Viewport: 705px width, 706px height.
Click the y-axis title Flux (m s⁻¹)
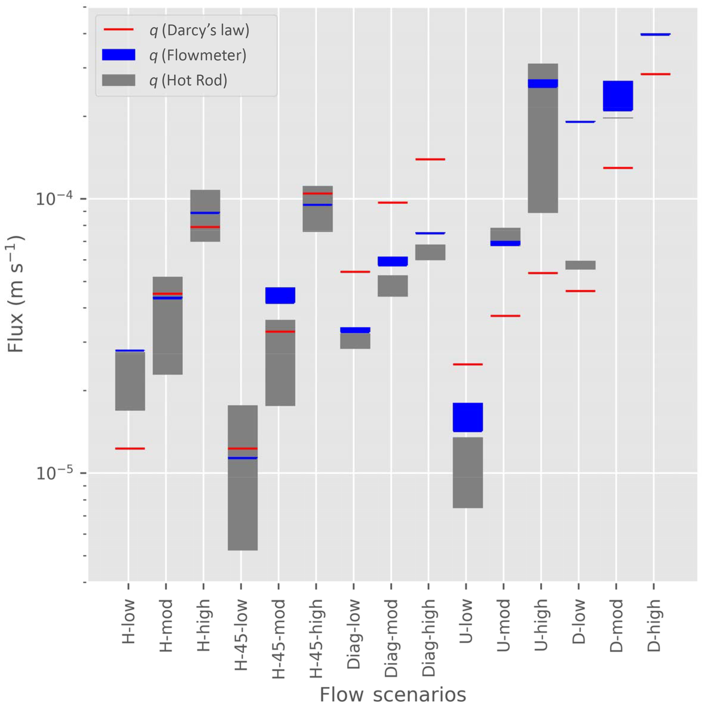click(15, 294)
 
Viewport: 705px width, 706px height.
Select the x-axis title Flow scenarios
click(393, 693)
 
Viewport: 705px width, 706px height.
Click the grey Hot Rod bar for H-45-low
click(243, 504)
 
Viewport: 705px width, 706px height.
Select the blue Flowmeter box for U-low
click(468, 417)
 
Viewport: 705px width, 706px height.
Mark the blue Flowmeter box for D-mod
click(617, 96)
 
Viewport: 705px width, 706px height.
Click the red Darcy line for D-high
click(655, 74)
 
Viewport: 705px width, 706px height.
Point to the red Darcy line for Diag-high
click(430, 159)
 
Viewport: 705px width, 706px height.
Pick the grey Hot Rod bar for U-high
click(543, 146)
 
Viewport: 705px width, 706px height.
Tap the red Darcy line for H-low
click(130, 448)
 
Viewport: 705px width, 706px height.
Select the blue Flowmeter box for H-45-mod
click(280, 295)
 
